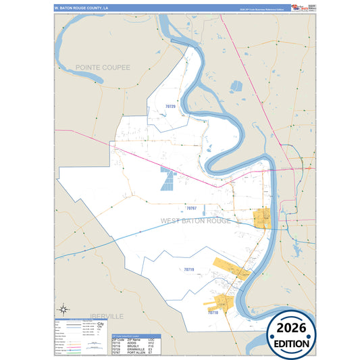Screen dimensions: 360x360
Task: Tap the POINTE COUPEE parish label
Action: point(103,68)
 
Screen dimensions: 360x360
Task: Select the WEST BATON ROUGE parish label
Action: point(196,221)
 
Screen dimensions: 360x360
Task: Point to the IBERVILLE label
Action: point(105,316)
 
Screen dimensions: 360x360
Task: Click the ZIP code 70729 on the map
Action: point(170,107)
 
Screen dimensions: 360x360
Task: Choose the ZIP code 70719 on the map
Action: point(188,269)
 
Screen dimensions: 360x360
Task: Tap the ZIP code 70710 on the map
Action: point(213,313)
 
